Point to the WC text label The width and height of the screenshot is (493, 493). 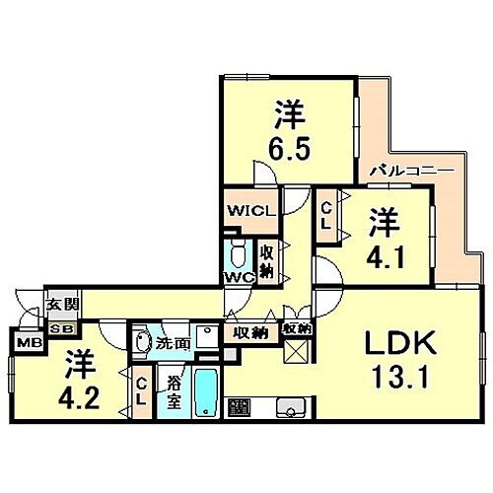pos(240,277)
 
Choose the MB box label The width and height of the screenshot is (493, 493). pos(22,345)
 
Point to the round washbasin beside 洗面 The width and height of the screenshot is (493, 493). pos(142,343)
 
